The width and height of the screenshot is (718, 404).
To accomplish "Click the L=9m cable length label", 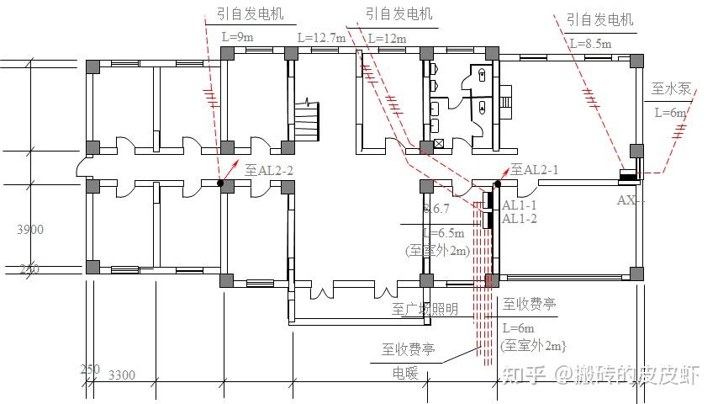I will tap(237, 38).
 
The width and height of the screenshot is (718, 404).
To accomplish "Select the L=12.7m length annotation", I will tap(321, 39).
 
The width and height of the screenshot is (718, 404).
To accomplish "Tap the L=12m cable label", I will tap(387, 39).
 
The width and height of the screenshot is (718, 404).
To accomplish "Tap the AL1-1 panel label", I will tap(519, 205).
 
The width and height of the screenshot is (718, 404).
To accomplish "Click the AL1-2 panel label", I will tap(519, 219).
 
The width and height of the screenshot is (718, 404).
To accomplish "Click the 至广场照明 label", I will tap(425, 309).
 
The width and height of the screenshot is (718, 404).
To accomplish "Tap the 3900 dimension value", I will tap(30, 229).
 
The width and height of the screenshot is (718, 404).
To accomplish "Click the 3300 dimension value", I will tap(123, 375).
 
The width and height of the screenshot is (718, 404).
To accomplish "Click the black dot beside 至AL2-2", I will tap(220, 183).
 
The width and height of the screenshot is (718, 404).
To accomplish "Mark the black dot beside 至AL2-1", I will tap(498, 183).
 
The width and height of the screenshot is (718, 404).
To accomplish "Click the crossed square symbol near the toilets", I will tap(438, 144).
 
